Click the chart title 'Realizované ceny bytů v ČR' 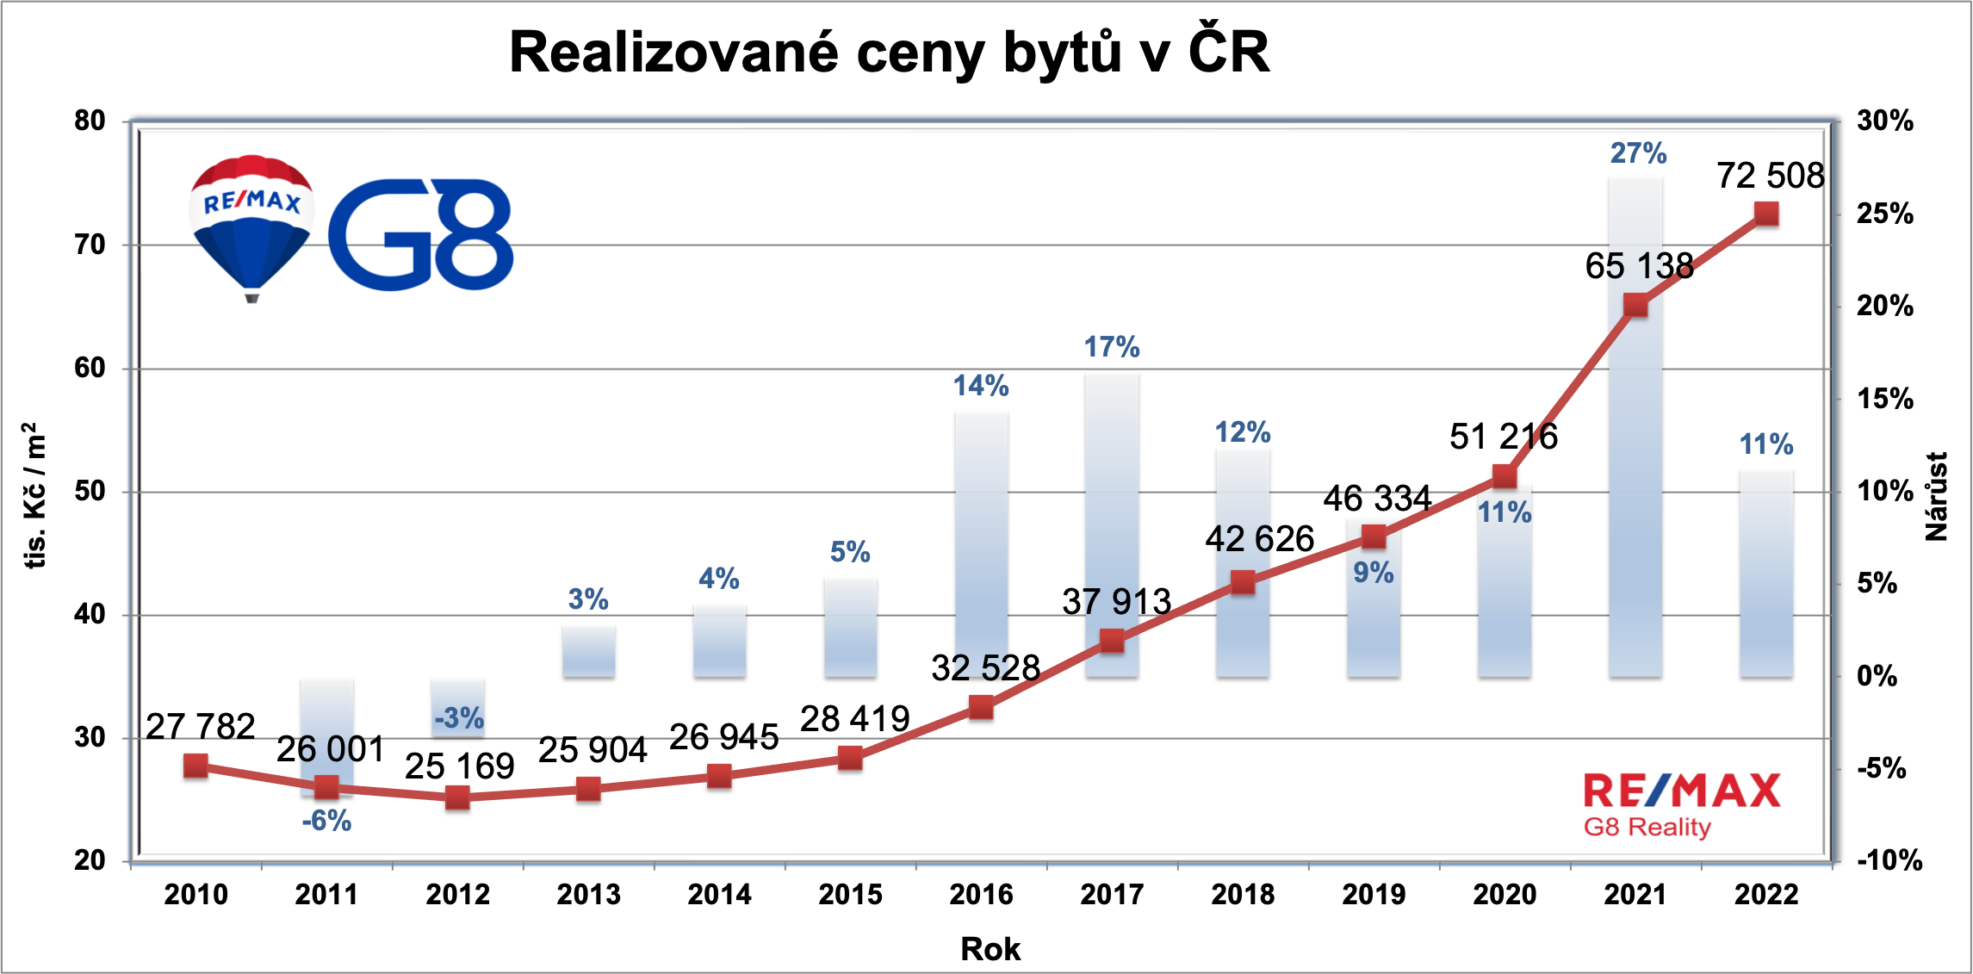(x=889, y=53)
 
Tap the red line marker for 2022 (x=1766, y=214)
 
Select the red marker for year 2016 (x=981, y=708)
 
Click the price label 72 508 (x=1771, y=176)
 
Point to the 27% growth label (x=1638, y=153)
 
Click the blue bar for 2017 (x=1112, y=525)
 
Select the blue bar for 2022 (x=1766, y=574)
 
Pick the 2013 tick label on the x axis (x=588, y=895)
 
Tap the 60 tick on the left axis (x=90, y=369)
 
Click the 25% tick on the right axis (x=1885, y=214)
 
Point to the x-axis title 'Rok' (x=990, y=949)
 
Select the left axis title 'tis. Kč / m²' (x=34, y=495)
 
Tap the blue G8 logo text (x=420, y=234)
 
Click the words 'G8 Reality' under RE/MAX (x=1647, y=828)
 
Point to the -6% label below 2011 (x=326, y=821)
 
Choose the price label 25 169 (x=460, y=766)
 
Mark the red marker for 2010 (x=195, y=766)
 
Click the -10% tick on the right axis (x=1889, y=860)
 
